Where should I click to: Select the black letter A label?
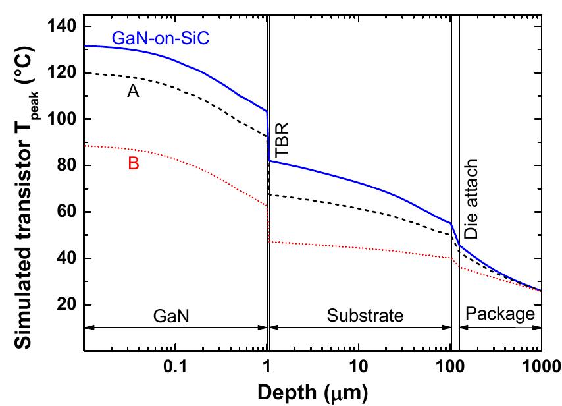(x=132, y=93)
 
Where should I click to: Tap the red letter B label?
(x=133, y=164)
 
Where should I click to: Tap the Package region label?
(x=499, y=314)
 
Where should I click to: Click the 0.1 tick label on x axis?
(x=175, y=366)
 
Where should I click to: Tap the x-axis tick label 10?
(x=357, y=366)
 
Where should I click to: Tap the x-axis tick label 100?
(x=449, y=366)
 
